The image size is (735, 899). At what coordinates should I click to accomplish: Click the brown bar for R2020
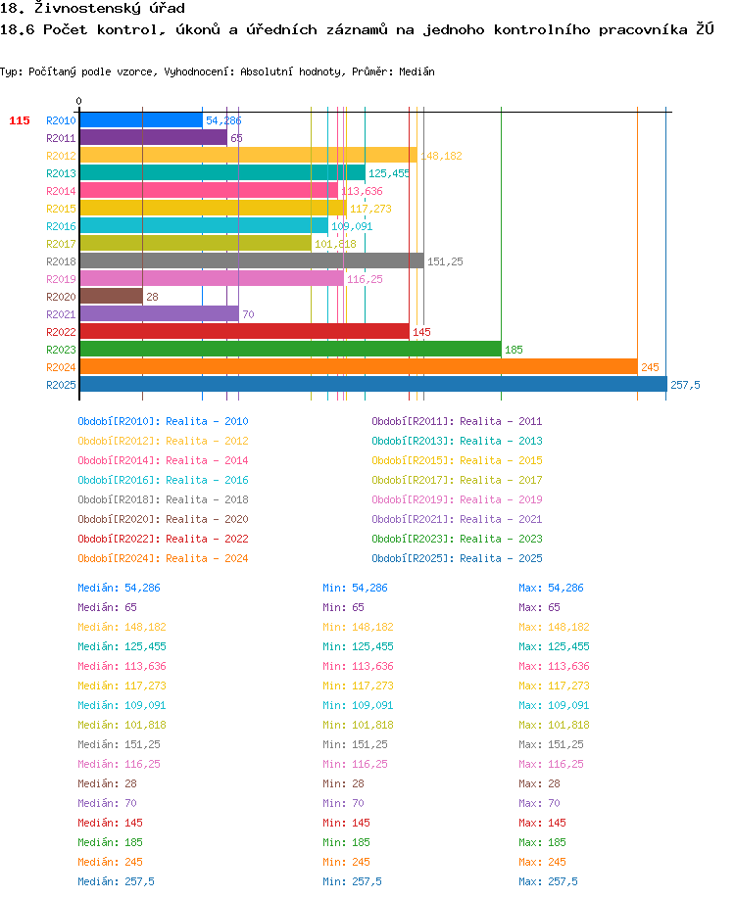coord(112,297)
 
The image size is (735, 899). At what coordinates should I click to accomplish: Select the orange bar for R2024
coord(359,367)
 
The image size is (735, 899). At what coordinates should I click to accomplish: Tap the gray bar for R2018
coord(252,261)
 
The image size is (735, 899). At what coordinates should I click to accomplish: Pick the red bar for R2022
coord(245,332)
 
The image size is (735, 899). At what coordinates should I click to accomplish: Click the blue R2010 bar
coord(141,120)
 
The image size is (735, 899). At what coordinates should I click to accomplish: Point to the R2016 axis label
coord(61,226)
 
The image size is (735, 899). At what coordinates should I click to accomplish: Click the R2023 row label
coord(61,350)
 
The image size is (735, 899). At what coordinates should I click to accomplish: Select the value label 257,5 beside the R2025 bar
coord(685,385)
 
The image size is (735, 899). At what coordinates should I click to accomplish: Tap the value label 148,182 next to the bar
coord(441,156)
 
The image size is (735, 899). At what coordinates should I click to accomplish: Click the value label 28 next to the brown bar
coord(152,297)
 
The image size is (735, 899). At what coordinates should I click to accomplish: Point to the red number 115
coord(20,120)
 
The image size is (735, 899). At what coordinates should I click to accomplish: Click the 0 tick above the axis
coord(79,101)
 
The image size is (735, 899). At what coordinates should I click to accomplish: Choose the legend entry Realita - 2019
coord(501,499)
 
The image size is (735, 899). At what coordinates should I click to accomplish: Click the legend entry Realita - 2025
coord(501,558)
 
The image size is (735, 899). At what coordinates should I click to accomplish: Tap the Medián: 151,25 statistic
coord(120,744)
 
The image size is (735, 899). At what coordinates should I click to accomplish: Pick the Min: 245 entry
coord(346,862)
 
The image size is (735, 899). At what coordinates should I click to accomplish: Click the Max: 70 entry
coord(539,803)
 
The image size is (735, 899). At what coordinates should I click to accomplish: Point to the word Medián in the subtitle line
coord(416,71)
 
